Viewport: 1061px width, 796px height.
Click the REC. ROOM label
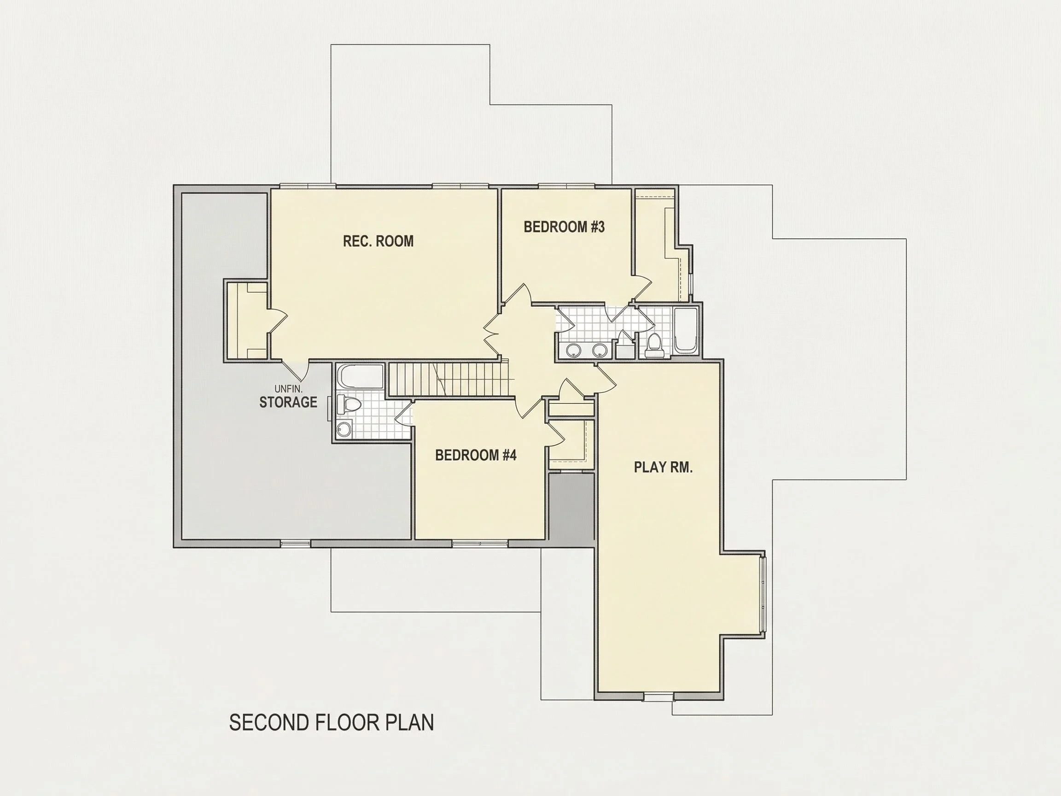coord(378,241)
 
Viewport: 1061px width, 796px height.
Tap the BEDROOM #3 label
coord(564,227)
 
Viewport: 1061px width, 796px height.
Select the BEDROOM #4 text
coord(476,455)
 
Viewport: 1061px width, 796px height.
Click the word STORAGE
coord(288,402)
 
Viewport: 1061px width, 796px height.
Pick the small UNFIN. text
coord(288,389)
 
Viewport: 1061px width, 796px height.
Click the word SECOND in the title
coord(268,723)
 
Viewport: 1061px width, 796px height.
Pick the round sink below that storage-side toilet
coord(344,429)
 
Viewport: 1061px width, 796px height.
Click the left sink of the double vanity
coord(573,350)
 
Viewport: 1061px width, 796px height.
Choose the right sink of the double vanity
coord(600,350)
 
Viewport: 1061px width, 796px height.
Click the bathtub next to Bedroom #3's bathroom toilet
coord(685,331)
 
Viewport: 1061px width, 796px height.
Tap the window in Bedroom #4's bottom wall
coord(480,544)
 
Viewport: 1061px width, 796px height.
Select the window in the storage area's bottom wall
coord(296,544)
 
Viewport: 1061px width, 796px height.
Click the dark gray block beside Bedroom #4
coord(571,507)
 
